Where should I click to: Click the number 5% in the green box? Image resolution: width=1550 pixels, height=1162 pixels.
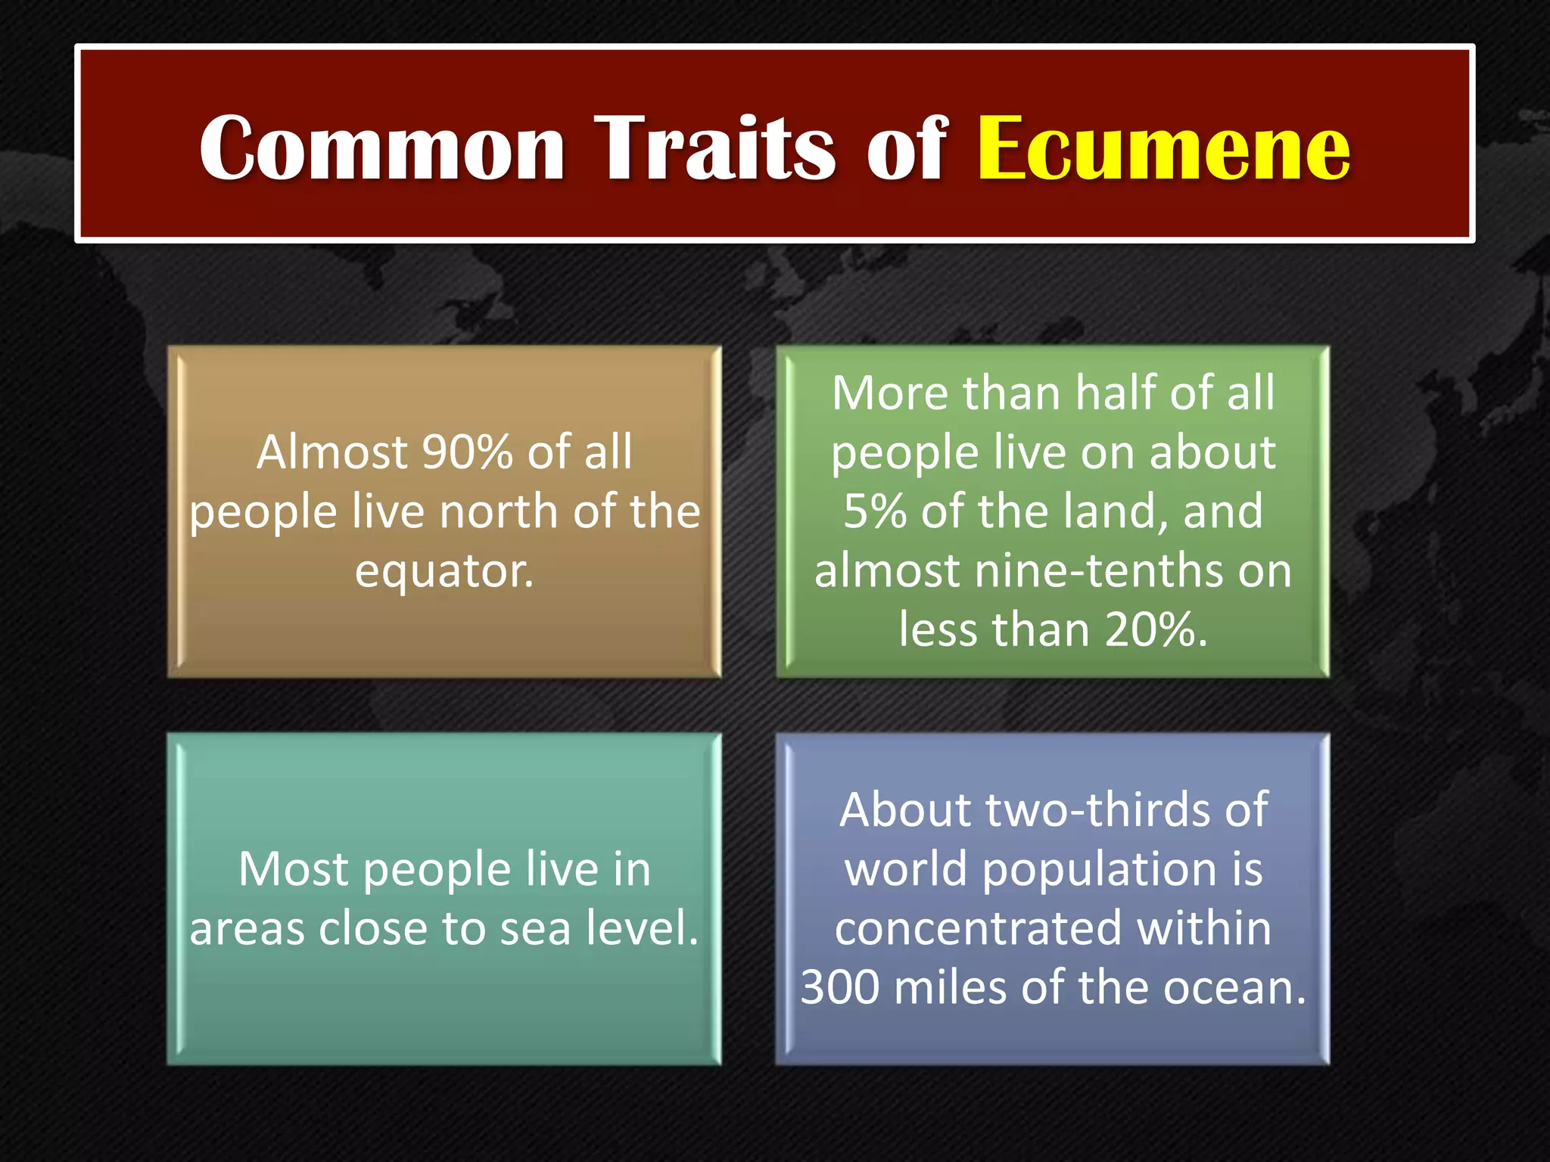tap(876, 511)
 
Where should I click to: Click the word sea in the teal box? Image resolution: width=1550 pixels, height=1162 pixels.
tap(535, 928)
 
